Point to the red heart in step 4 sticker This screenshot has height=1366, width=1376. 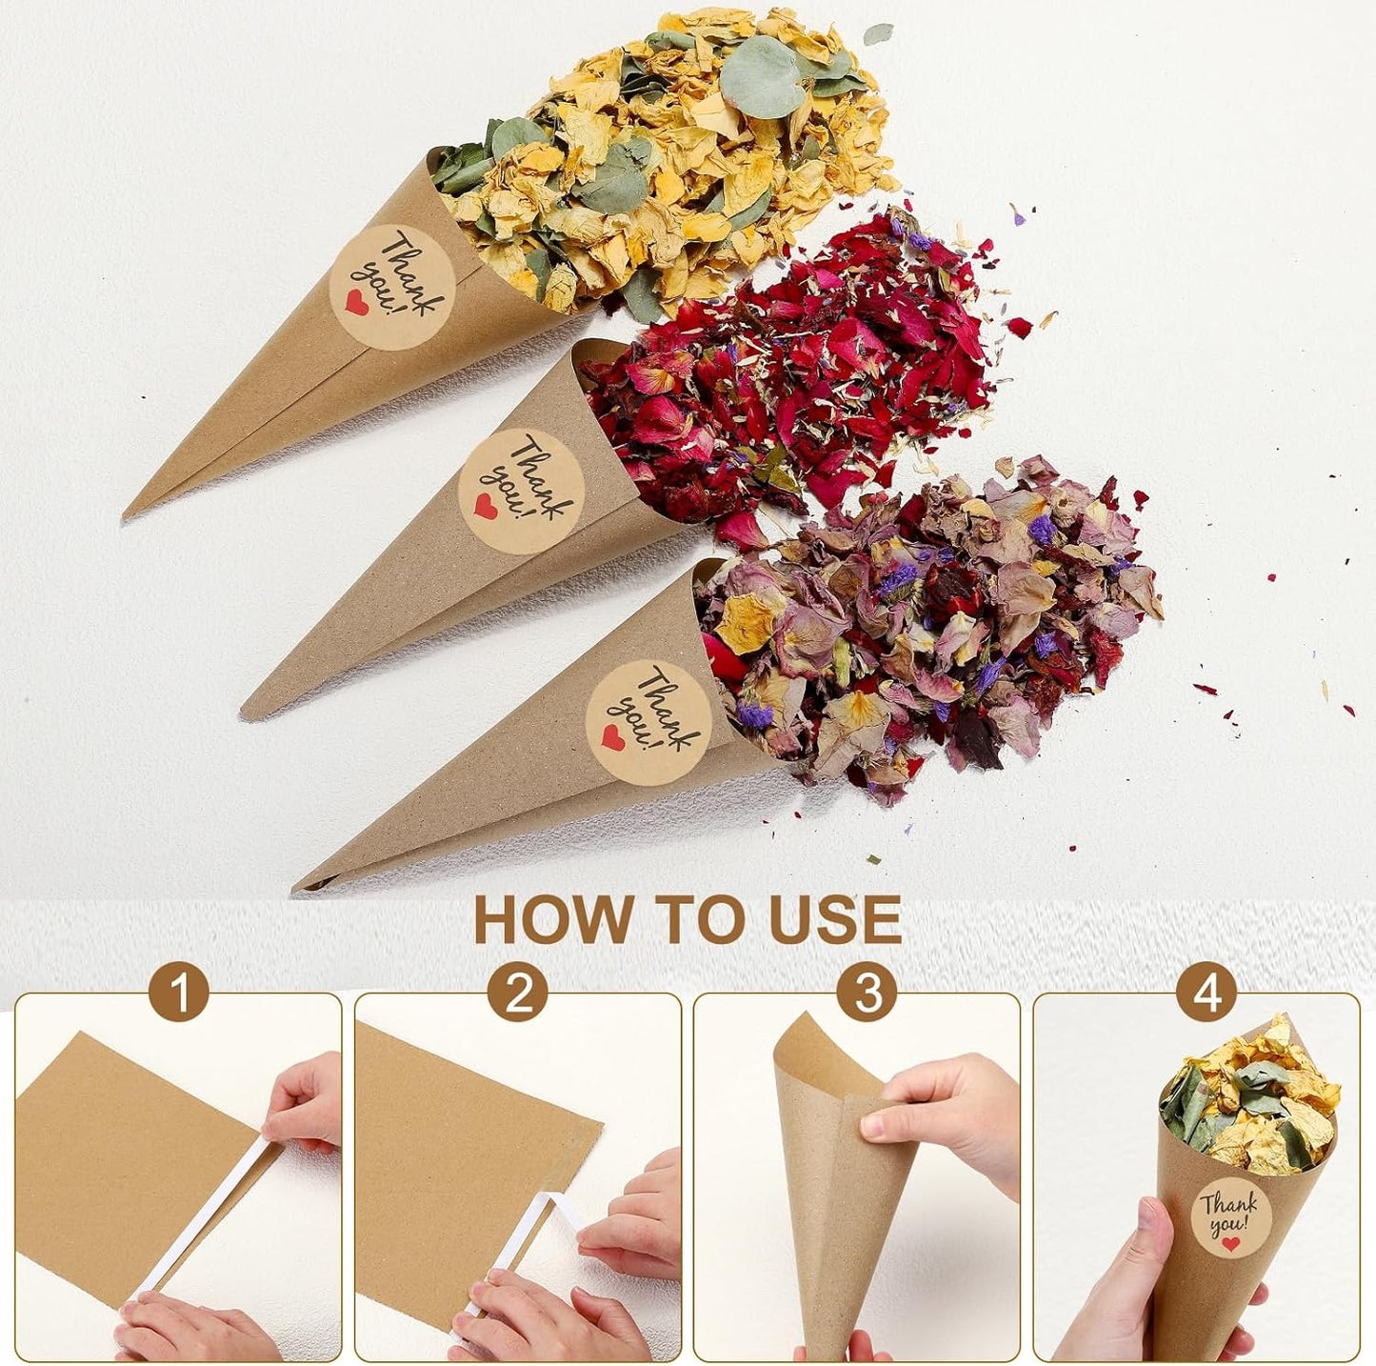pyautogui.click(x=1231, y=1243)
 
